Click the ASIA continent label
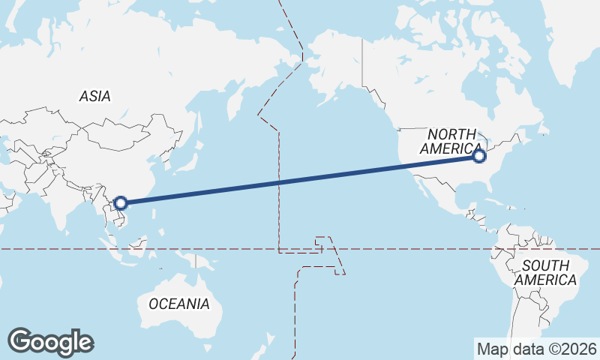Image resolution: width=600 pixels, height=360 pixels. pos(95,96)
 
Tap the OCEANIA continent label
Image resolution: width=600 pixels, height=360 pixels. pos(179,304)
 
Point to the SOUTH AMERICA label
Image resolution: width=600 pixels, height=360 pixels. pos(549,272)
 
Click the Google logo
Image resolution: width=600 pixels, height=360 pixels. pos(50,342)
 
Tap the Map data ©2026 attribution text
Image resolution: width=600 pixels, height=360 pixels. pos(536,349)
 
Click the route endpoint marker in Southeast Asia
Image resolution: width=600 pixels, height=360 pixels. pos(121,202)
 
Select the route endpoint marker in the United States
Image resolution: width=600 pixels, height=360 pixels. pos(480,156)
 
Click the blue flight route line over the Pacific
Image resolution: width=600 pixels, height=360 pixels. pos(300,179)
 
